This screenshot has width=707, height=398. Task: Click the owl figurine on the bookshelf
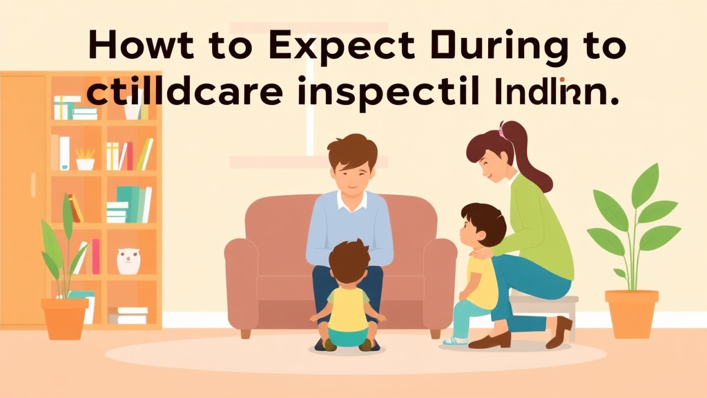[x=127, y=261]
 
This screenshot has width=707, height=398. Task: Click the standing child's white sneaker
[x=455, y=340]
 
